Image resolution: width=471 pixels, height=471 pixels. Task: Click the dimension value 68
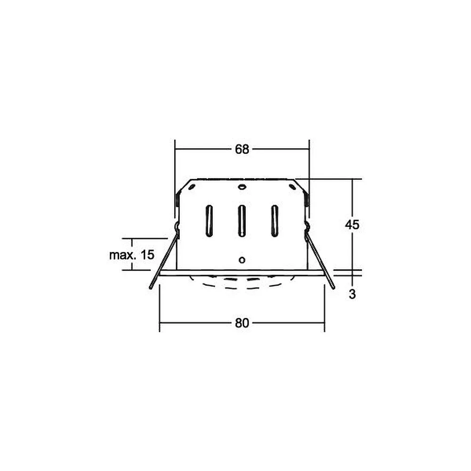(x=242, y=149)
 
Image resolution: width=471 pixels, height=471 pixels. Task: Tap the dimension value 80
(x=242, y=323)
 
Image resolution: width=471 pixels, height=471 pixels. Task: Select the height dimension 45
(x=352, y=225)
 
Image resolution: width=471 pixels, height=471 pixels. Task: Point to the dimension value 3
(x=352, y=294)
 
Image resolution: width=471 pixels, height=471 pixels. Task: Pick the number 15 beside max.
(x=147, y=255)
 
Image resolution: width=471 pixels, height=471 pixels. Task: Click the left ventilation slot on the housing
(x=209, y=221)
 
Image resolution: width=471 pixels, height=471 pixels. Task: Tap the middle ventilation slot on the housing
(x=242, y=221)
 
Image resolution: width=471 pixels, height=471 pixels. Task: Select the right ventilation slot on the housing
(x=275, y=221)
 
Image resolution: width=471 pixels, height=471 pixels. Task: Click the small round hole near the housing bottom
(x=242, y=260)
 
